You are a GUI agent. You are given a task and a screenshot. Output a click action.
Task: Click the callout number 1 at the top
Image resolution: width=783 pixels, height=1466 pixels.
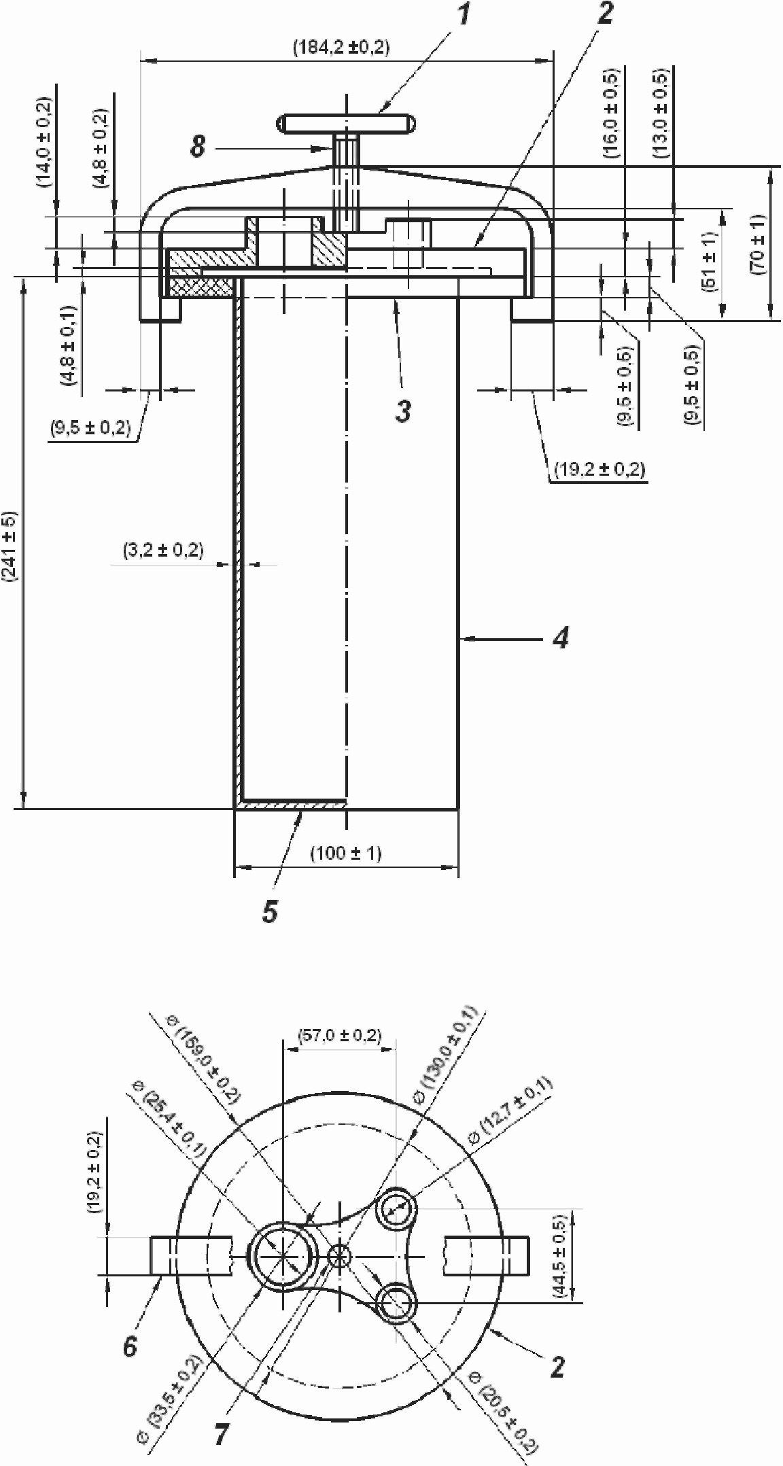click(464, 15)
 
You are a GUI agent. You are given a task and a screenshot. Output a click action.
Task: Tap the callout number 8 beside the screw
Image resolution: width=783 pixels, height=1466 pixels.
click(198, 147)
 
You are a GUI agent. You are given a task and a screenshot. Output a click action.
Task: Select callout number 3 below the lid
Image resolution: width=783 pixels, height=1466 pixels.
click(404, 411)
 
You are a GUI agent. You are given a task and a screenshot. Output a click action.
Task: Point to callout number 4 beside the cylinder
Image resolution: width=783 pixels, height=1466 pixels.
click(561, 638)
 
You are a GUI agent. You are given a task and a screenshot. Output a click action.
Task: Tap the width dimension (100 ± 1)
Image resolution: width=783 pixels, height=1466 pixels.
click(346, 853)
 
